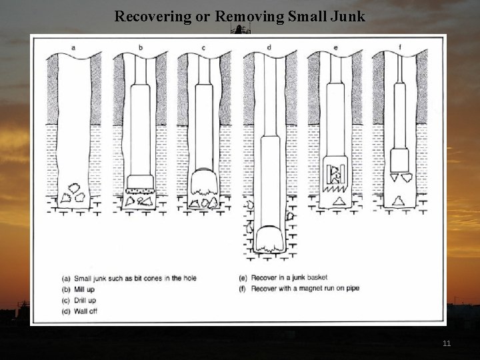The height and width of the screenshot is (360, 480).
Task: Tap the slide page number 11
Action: pos(447,343)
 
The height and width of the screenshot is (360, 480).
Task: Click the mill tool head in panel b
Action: pos(141,183)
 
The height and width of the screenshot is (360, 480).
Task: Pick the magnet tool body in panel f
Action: pos(399,161)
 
